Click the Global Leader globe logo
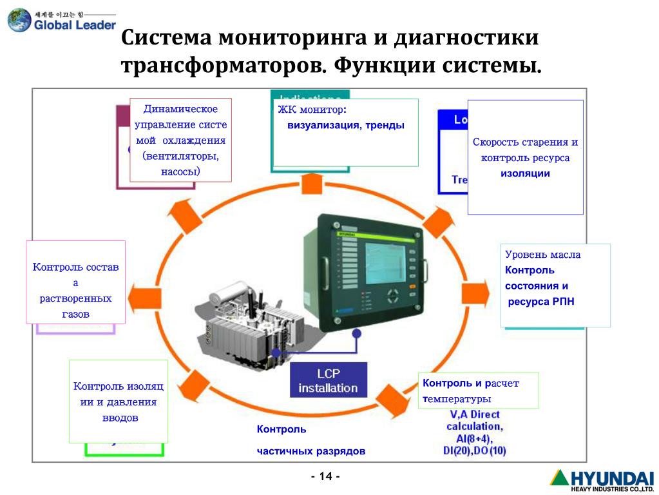pyautogui.click(x=19, y=20)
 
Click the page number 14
pyautogui.click(x=325, y=476)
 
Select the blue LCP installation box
pyautogui.click(x=328, y=381)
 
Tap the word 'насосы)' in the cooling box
pyautogui.click(x=180, y=171)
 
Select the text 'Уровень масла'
pyautogui.click(x=542, y=255)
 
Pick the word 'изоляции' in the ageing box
pyautogui.click(x=525, y=173)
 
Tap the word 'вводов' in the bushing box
pyautogui.click(x=120, y=418)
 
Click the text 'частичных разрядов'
pyautogui.click(x=311, y=451)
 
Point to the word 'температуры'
pyautogui.click(x=453, y=399)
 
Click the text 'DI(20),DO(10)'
pyautogui.click(x=475, y=451)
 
